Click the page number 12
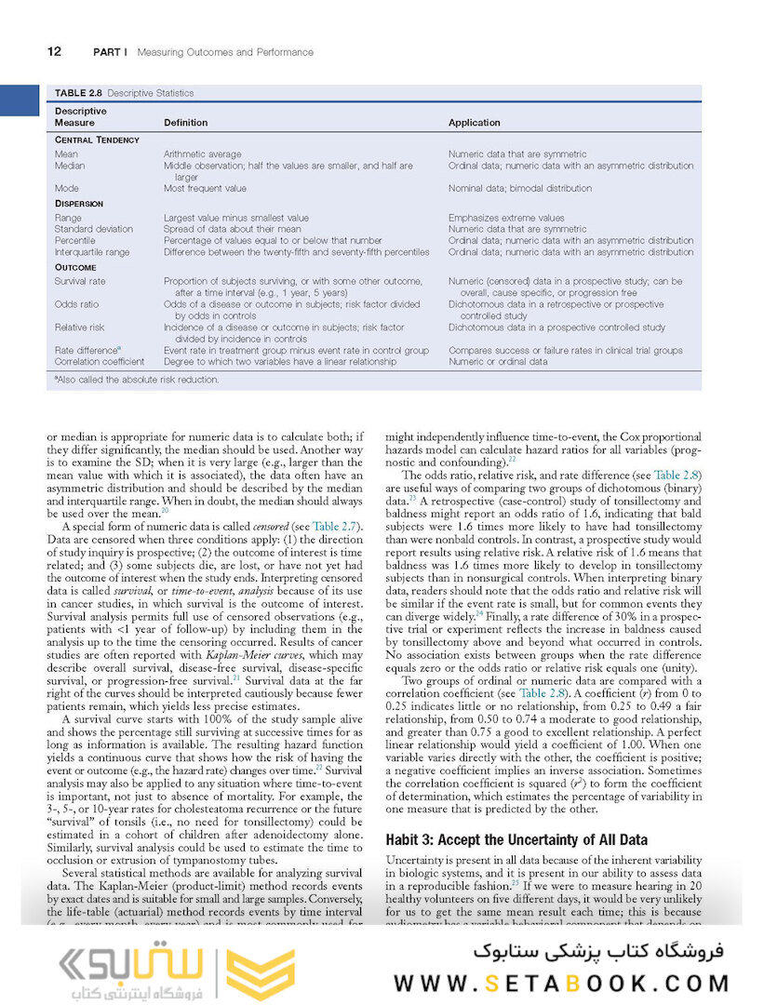click(54, 52)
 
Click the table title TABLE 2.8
click(78, 93)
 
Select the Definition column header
click(185, 123)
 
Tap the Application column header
click(474, 123)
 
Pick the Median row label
click(70, 166)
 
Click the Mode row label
click(66, 188)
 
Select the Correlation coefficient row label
click(100, 362)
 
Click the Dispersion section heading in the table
click(79, 203)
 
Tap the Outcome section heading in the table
click(75, 267)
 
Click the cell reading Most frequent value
click(202, 188)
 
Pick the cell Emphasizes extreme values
click(506, 218)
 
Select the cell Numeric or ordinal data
click(498, 362)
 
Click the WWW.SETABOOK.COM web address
click(561, 984)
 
